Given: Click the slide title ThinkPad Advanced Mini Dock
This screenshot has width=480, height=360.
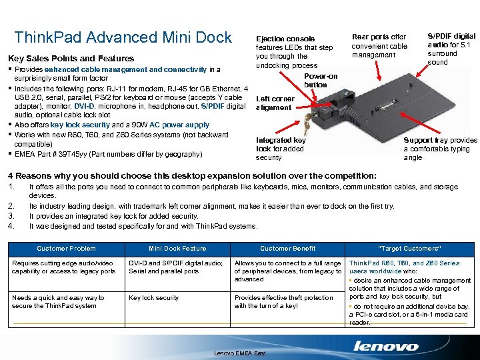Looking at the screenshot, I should tap(123, 37).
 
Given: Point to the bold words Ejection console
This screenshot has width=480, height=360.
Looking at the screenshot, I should tap(285, 39).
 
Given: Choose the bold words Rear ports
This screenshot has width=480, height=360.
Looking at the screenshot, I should tap(370, 37).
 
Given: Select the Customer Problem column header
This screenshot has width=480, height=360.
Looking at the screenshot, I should tap(66, 249).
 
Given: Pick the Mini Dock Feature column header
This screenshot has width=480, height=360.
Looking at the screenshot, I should tap(177, 249).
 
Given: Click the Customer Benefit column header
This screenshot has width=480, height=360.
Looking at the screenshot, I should tap(287, 249).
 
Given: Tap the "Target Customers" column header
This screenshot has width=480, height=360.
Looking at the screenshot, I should tap(410, 249).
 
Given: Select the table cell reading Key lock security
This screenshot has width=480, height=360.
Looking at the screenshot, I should tap(153, 298).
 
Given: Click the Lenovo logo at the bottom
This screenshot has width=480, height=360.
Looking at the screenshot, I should tap(386, 345).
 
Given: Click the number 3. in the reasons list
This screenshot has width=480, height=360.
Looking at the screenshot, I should tap(11, 216).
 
